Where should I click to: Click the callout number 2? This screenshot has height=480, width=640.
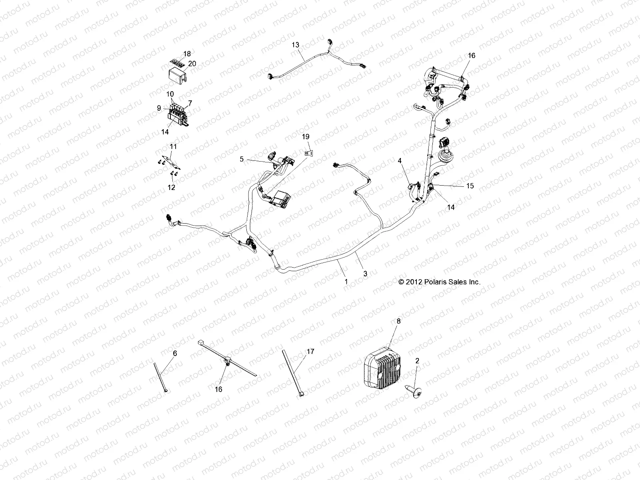tap(417, 360)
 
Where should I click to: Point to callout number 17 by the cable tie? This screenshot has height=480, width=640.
tap(310, 352)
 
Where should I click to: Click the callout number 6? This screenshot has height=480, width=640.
tap(175, 353)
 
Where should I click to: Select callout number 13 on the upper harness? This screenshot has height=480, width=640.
tap(295, 45)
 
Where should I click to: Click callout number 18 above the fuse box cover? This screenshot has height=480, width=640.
tap(187, 54)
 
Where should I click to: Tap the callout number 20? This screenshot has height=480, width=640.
tap(192, 64)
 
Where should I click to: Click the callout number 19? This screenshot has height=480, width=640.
tap(306, 137)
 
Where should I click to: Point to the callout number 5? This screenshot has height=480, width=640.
tap(242, 159)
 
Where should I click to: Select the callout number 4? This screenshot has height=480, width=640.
tap(399, 160)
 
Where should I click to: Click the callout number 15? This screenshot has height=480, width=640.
tap(470, 186)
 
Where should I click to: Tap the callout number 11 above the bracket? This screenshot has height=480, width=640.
tap(173, 146)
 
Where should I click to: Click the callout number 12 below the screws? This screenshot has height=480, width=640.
tap(171, 188)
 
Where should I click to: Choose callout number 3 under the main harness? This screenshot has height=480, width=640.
tap(365, 274)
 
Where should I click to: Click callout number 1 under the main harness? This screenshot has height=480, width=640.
tap(346, 282)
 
